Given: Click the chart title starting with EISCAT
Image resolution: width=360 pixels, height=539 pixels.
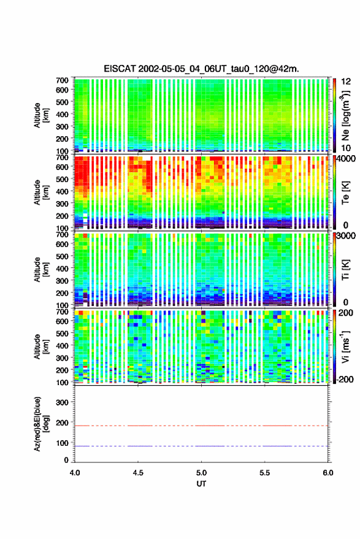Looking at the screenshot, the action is click(x=201, y=69).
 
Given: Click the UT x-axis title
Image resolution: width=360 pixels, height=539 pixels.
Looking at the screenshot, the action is click(x=201, y=484).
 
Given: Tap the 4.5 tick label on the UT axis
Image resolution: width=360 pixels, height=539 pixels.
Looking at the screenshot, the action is click(x=138, y=473).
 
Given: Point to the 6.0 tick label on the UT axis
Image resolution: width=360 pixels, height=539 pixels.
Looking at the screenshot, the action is click(x=327, y=473).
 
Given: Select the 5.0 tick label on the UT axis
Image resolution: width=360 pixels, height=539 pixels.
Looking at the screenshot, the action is click(x=201, y=473).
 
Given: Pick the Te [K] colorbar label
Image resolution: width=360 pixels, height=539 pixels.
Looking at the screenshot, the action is click(x=345, y=193).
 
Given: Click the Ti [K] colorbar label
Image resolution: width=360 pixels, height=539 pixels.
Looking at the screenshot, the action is click(x=345, y=270).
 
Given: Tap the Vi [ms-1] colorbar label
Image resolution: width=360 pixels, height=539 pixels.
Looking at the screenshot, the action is click(x=345, y=346).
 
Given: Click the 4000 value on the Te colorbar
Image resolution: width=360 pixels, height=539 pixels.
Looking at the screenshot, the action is click(x=346, y=160).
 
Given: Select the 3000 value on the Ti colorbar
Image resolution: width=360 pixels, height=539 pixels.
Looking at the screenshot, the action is click(x=346, y=236).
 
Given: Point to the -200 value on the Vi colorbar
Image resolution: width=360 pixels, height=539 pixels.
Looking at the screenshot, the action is click(x=344, y=379).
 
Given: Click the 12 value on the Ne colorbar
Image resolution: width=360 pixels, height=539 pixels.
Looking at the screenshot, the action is click(x=346, y=82).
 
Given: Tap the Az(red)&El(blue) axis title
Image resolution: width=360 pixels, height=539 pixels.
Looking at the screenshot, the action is click(x=41, y=424).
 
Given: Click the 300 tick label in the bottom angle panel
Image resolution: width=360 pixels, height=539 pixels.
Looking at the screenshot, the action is click(x=62, y=402).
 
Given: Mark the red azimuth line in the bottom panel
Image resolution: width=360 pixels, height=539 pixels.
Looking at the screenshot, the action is click(x=201, y=426).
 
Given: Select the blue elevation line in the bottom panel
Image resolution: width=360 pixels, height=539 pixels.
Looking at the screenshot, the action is click(x=201, y=446).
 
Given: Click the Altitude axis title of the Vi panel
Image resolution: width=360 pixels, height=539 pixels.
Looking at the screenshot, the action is click(x=41, y=346).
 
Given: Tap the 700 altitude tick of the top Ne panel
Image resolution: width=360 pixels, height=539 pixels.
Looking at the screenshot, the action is click(x=62, y=80).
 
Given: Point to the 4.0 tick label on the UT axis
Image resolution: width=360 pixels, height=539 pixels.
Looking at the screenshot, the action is click(x=75, y=473).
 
